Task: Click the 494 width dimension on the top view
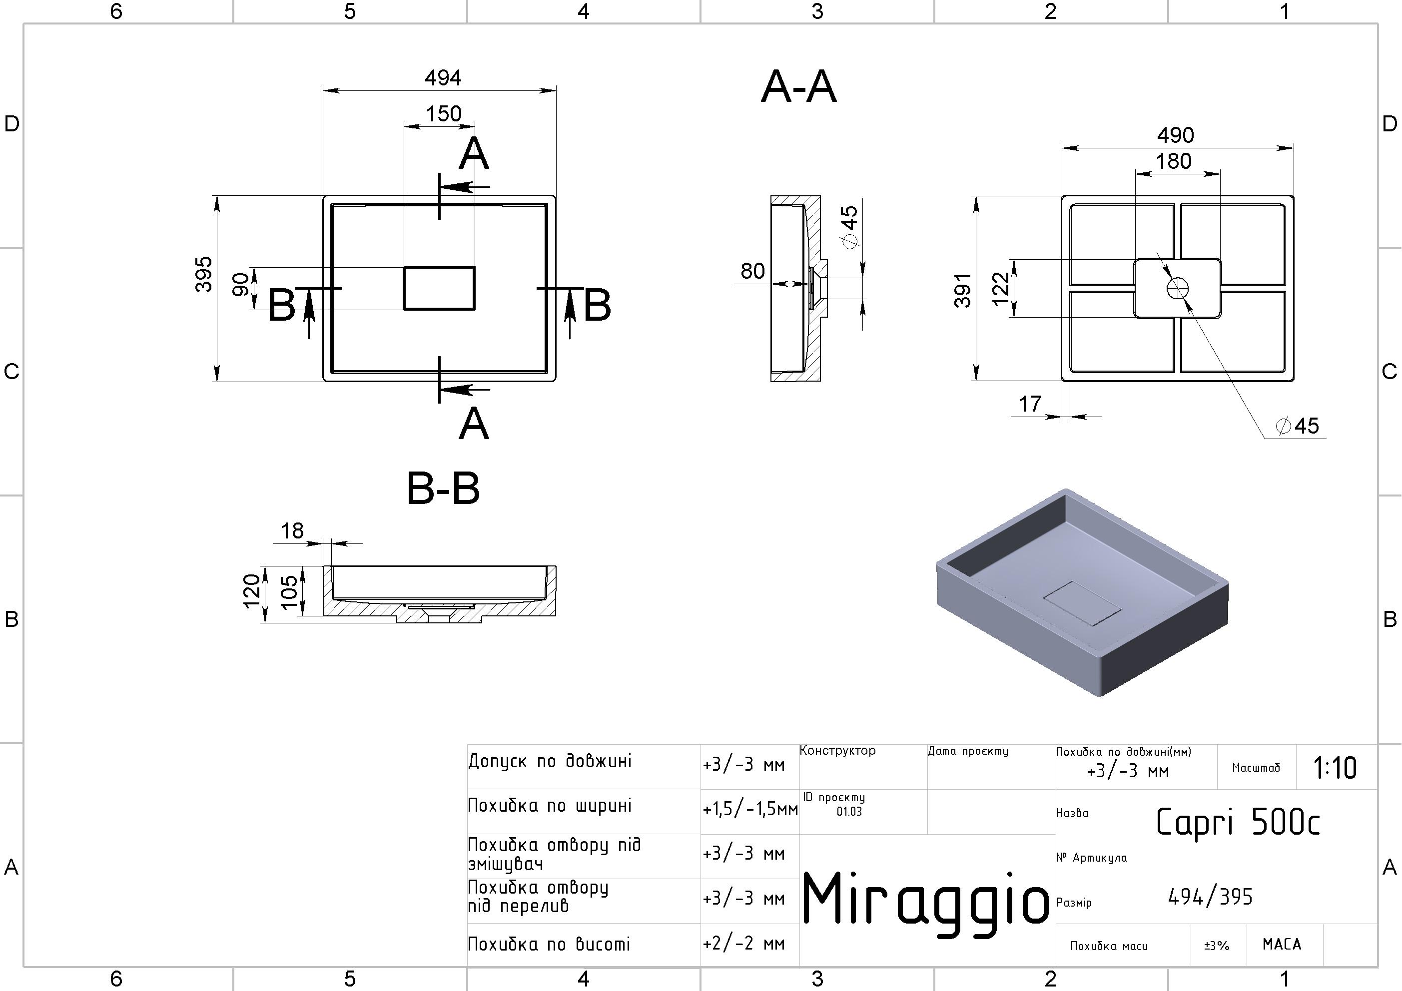click(x=443, y=78)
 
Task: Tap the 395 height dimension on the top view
click(x=204, y=274)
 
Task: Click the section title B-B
click(x=443, y=489)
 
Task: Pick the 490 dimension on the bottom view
click(x=1176, y=135)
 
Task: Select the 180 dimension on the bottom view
click(x=1174, y=161)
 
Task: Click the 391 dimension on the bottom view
click(x=963, y=290)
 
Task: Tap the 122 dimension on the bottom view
click(x=1001, y=289)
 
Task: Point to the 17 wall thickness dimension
click(x=1030, y=404)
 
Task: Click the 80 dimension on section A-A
click(x=752, y=271)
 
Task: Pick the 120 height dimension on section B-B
click(x=252, y=591)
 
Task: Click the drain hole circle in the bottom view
click(x=1177, y=289)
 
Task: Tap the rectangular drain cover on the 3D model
click(x=1082, y=603)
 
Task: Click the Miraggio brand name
click(x=924, y=898)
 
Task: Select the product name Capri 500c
click(x=1238, y=822)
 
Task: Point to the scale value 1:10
click(x=1335, y=768)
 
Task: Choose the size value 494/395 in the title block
click(x=1210, y=897)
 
